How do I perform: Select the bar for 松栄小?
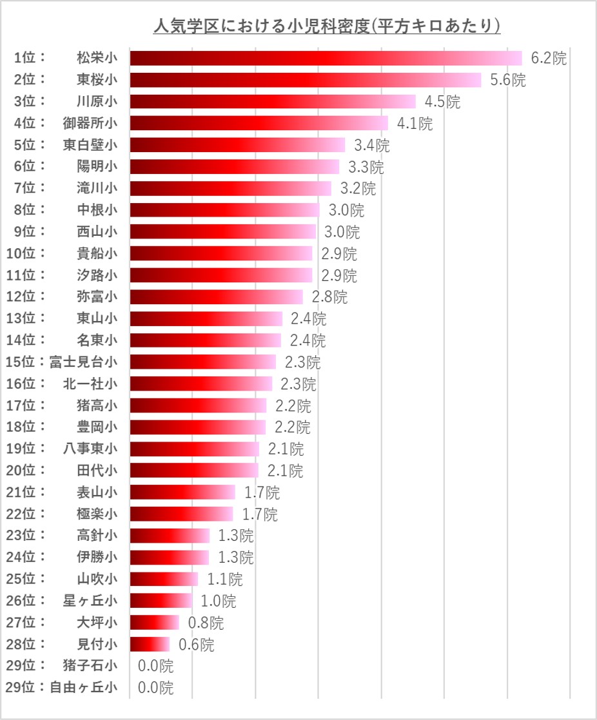click(x=326, y=58)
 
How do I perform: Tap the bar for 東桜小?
click(x=305, y=80)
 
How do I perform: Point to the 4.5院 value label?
click(x=442, y=102)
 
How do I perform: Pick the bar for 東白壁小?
click(x=237, y=145)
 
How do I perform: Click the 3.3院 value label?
click(x=366, y=168)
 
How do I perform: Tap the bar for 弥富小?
click(x=216, y=297)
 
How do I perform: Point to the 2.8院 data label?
click(x=329, y=297)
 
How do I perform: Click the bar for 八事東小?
click(x=194, y=449)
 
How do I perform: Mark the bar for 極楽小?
click(x=181, y=514)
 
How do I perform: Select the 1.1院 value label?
click(x=224, y=579)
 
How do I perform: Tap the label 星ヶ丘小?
click(x=90, y=601)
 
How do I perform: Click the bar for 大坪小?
click(x=154, y=622)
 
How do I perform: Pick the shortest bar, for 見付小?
click(x=150, y=644)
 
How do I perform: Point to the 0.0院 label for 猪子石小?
click(x=155, y=666)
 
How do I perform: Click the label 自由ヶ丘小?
click(x=83, y=687)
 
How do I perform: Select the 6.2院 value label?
click(x=548, y=58)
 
